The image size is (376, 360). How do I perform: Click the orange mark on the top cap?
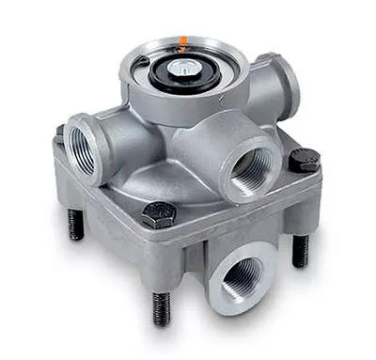[x=183, y=40]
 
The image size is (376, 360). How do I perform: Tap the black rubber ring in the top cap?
[x=165, y=75]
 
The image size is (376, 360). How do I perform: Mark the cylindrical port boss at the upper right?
[x=275, y=86]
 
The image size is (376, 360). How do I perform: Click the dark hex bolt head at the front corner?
[x=157, y=215]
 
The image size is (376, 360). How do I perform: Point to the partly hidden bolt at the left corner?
[x=59, y=133]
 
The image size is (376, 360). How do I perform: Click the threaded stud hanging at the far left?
[x=75, y=224]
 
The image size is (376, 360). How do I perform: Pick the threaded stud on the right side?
[x=300, y=249]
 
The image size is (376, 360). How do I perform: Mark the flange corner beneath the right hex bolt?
[x=303, y=188]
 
